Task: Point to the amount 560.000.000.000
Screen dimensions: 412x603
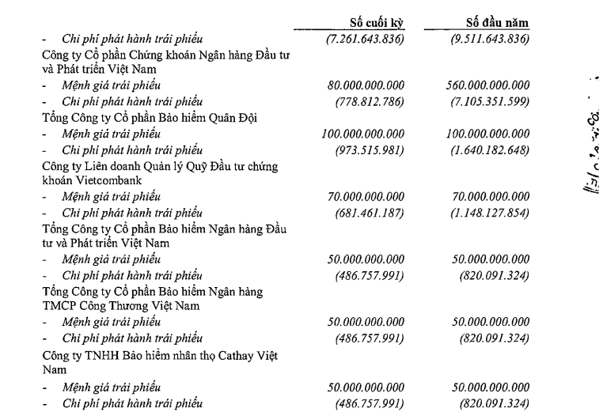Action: (x=488, y=85)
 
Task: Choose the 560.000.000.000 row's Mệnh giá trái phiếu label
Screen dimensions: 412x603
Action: (x=112, y=85)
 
